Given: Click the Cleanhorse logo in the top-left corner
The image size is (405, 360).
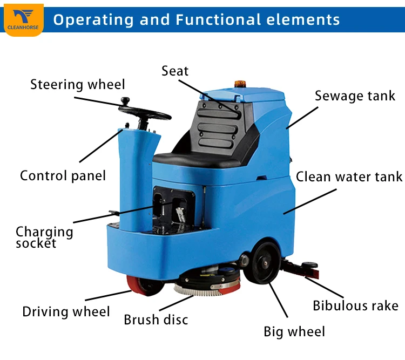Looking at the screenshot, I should (x=23, y=19).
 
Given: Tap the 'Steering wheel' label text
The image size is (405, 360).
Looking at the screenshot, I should (x=77, y=85).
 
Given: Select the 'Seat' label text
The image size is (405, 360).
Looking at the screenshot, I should (x=175, y=71).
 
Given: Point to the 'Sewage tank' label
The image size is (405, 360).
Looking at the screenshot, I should (x=355, y=96).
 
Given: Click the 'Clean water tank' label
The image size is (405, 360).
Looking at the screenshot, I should (x=349, y=177).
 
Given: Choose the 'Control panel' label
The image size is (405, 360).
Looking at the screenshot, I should (x=63, y=176).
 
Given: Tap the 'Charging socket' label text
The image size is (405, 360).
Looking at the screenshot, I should (x=44, y=237).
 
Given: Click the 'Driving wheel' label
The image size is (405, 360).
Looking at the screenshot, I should (x=66, y=311).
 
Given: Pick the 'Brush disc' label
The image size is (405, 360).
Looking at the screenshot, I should (x=156, y=320).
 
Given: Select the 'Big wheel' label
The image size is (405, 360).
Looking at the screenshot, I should (x=294, y=331).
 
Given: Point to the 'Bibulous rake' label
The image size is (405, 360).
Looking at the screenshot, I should (x=355, y=305).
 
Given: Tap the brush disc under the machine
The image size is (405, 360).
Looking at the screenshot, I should (x=208, y=284).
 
